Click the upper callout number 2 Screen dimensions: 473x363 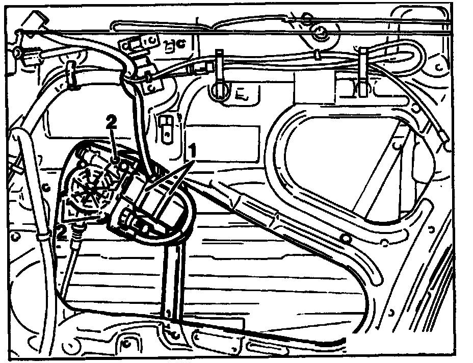pos(111,122)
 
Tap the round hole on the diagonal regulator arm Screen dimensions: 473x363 pos(345,238)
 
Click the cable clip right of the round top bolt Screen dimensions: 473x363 pos(364,71)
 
